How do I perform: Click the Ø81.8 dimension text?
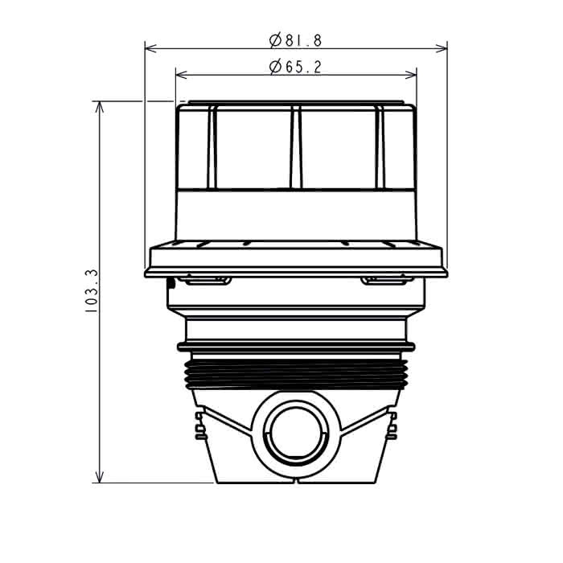pos(295,40)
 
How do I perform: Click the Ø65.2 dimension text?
pos(295,67)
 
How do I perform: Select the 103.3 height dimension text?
pos(92,291)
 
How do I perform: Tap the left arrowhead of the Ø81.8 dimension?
pos(151,48)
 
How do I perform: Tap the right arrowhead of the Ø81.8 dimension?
pos(442,48)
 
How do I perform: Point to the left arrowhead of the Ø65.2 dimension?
pos(182,75)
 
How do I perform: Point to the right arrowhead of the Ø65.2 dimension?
pos(410,75)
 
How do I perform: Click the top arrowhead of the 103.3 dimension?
pos(100,107)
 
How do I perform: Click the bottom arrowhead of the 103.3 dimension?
pos(100,477)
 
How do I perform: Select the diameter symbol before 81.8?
pos(275,40)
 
